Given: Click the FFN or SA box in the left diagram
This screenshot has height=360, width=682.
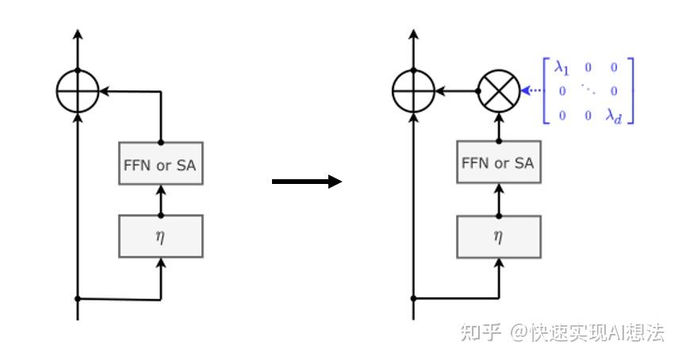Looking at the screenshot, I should [x=160, y=164].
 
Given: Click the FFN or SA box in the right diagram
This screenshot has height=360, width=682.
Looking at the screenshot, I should [x=498, y=164].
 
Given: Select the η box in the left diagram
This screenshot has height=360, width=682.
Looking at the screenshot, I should [x=160, y=236].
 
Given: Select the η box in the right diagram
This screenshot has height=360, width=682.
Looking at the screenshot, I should [x=498, y=236].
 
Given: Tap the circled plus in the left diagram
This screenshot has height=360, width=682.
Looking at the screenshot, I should [x=78, y=90].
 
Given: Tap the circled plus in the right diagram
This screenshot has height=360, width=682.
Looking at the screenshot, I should [x=413, y=90].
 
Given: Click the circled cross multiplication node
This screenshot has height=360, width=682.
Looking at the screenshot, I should [x=499, y=90].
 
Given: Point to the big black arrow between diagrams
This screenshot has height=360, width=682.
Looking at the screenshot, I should [x=307, y=182].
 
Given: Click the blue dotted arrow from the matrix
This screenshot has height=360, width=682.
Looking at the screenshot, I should [x=531, y=90].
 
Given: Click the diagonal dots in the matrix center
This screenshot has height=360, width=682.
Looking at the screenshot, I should [x=588, y=91].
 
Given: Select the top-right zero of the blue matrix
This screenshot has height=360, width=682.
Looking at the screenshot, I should [x=614, y=69].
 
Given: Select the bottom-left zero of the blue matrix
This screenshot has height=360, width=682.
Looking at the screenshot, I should [x=562, y=116].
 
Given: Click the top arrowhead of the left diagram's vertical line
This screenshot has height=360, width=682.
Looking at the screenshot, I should [x=78, y=35].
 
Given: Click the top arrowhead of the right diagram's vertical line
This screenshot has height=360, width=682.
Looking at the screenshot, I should [x=413, y=35].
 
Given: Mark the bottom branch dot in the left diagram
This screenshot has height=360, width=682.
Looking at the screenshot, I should [x=78, y=299].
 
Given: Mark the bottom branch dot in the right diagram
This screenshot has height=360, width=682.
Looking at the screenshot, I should [x=413, y=299].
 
